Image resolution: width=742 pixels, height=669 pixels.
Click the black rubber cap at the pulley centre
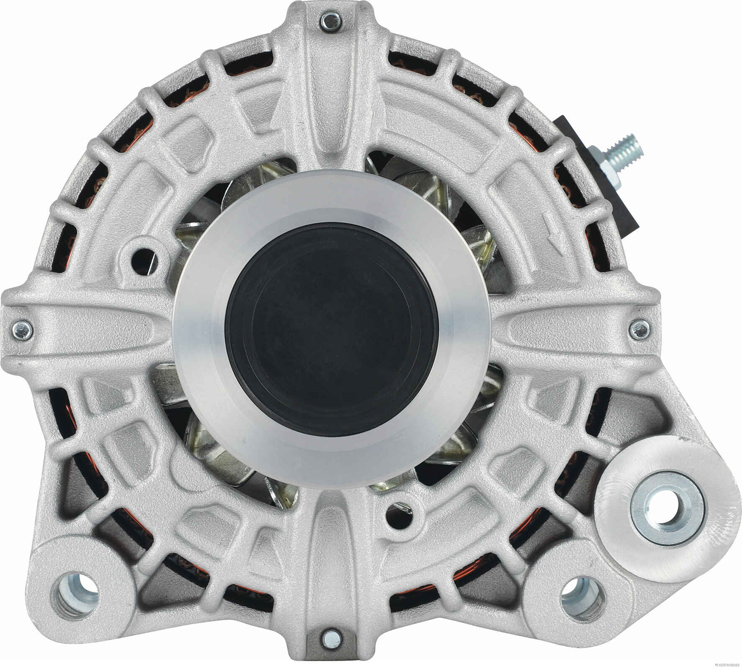tap(332, 326)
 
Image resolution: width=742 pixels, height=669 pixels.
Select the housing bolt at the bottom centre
tap(328, 638)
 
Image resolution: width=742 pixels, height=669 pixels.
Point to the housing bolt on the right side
tap(638, 328)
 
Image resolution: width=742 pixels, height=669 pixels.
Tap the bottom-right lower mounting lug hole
tap(583, 597)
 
